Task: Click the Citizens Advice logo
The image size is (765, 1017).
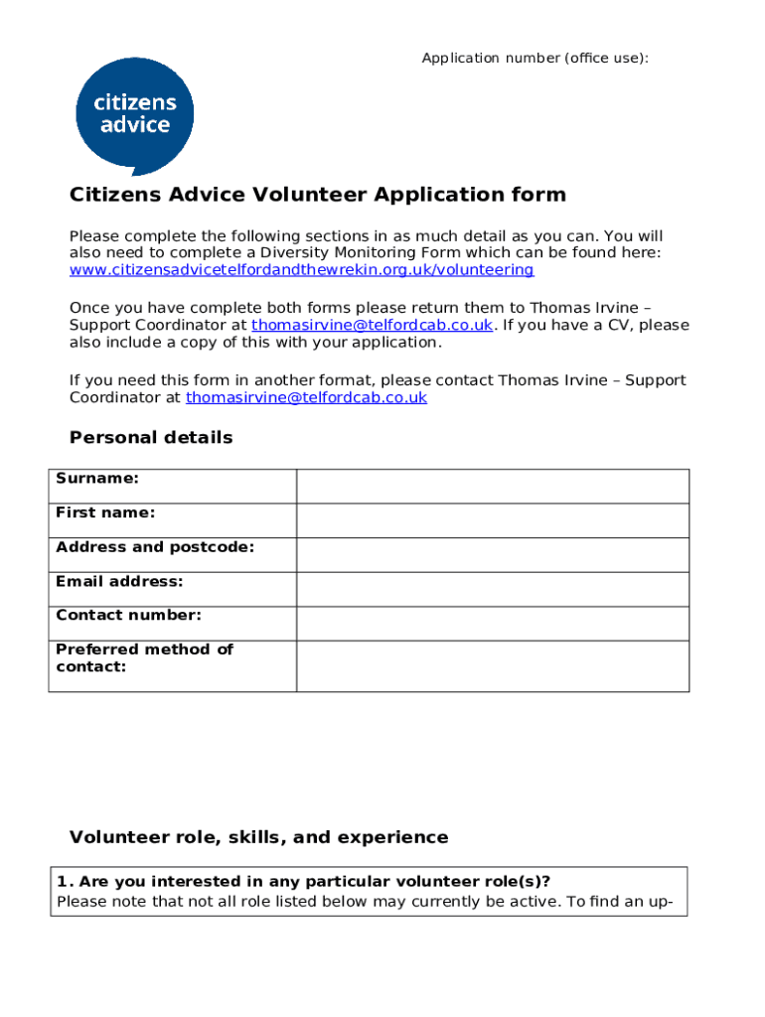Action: coord(134,115)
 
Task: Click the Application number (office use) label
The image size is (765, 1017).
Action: coord(535,59)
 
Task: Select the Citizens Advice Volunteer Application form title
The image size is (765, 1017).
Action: coord(317,195)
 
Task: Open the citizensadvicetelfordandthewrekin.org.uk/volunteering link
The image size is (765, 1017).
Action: coord(301,270)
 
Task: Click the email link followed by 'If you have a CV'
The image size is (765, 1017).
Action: coord(372,325)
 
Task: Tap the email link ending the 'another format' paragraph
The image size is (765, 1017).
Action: coord(306,397)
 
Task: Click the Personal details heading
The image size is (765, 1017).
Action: coord(151,438)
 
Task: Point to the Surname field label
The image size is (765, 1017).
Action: coord(97,479)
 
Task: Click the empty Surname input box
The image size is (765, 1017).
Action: coord(492,487)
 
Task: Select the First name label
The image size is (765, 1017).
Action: coord(105,512)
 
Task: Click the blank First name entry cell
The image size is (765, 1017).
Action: coord(492,520)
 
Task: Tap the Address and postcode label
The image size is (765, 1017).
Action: coord(155,547)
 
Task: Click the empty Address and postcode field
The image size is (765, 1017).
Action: coord(492,555)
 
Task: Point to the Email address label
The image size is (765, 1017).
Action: coord(119,581)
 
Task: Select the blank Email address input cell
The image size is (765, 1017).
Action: coord(492,589)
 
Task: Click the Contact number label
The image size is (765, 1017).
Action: coord(128,615)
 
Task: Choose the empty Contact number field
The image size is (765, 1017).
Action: coord(492,624)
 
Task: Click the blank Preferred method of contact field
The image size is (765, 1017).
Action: coord(492,665)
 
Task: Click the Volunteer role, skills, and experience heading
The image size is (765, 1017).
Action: coord(258,837)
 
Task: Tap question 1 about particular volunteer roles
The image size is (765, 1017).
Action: coord(303,882)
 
